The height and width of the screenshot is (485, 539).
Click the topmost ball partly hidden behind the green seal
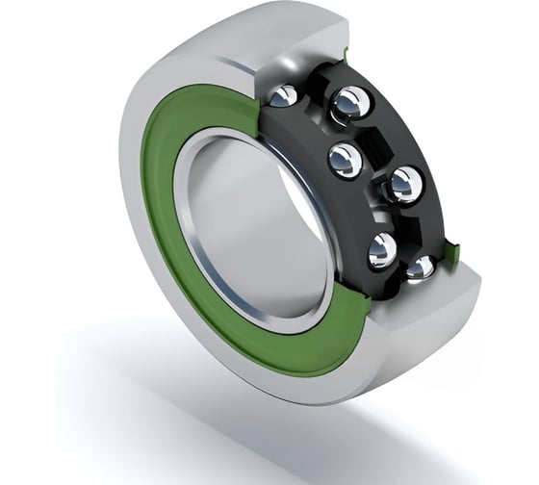[x=283, y=96]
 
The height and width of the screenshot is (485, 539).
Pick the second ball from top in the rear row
[x=403, y=182]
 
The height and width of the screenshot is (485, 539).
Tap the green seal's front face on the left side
[x=164, y=212]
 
